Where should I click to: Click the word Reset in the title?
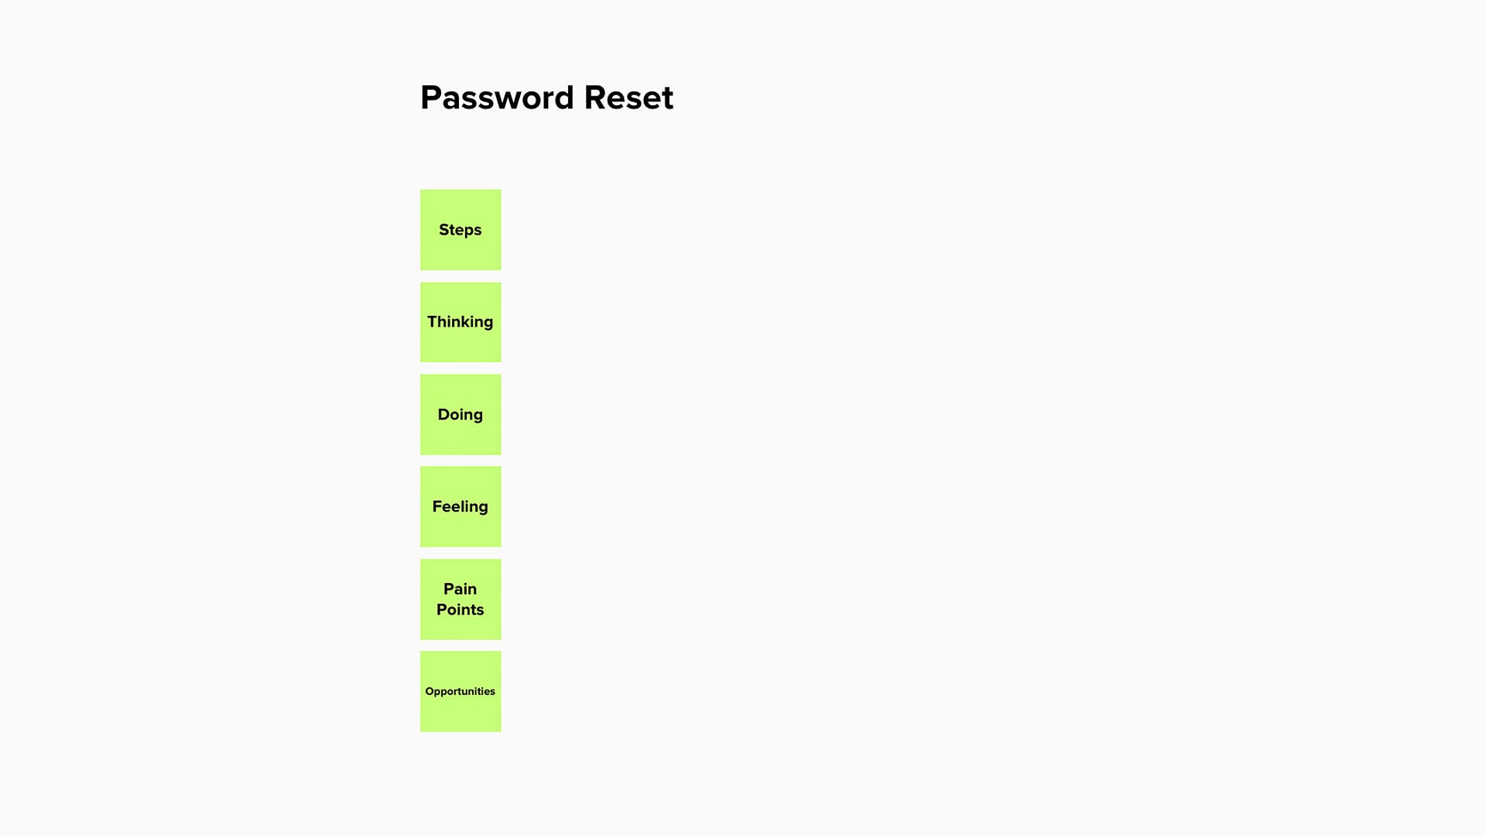(x=628, y=98)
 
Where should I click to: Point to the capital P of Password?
(x=430, y=98)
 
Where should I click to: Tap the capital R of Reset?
(x=594, y=98)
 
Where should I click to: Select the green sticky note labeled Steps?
(x=461, y=230)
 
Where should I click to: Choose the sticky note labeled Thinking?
(x=461, y=322)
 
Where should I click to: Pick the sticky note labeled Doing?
(x=461, y=415)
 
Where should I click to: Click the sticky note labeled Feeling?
(x=461, y=507)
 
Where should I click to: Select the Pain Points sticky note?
(x=461, y=599)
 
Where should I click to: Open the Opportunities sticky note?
(x=461, y=691)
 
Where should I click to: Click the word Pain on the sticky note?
(x=461, y=589)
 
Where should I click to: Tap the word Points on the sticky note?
(x=461, y=610)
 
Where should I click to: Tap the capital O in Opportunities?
(x=430, y=691)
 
